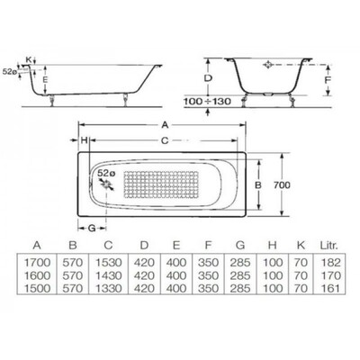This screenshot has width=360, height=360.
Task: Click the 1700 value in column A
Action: [x=37, y=263]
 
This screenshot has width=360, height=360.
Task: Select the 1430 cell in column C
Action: [x=108, y=275]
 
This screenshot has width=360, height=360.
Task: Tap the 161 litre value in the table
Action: [x=330, y=289]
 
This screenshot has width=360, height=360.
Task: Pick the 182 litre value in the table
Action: [x=330, y=263]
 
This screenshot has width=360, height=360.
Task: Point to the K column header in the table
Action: [x=301, y=245]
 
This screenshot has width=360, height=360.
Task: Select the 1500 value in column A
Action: [x=37, y=289]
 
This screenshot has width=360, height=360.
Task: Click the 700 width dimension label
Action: [x=282, y=185]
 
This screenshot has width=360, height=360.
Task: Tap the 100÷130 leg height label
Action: [x=207, y=102]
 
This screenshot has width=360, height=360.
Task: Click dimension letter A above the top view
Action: [x=165, y=125]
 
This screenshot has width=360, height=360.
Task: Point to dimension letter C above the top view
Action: [x=165, y=140]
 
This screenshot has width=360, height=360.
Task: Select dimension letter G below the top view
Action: [x=92, y=229]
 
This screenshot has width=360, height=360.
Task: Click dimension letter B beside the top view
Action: [x=258, y=185]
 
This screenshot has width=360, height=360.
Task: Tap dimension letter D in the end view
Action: [x=208, y=78]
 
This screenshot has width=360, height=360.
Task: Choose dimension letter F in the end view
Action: [x=328, y=80]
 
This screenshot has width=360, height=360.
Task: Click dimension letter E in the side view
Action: [x=45, y=80]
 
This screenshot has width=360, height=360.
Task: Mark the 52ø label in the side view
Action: [x=9, y=72]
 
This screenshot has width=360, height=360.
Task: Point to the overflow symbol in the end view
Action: [x=267, y=65]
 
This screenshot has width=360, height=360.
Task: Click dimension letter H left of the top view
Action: [x=85, y=140]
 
